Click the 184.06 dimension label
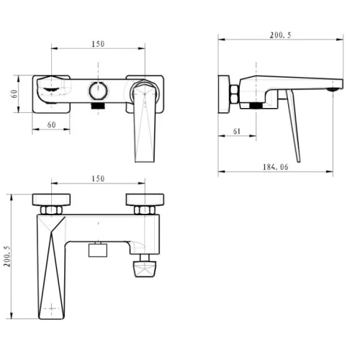pyautogui.click(x=276, y=167)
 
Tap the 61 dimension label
pyautogui.click(x=237, y=131)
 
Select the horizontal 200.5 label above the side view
pyautogui.click(x=280, y=35)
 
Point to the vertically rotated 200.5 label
pyautogui.click(x=7, y=256)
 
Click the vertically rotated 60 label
pyautogui.click(x=14, y=94)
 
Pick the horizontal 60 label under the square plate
pyautogui.click(x=51, y=125)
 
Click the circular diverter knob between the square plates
pyautogui.click(x=98, y=91)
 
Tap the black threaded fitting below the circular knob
pyautogui.click(x=98, y=106)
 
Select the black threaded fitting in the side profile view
pyautogui.click(x=256, y=105)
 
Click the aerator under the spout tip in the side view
pyautogui.click(x=333, y=89)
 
